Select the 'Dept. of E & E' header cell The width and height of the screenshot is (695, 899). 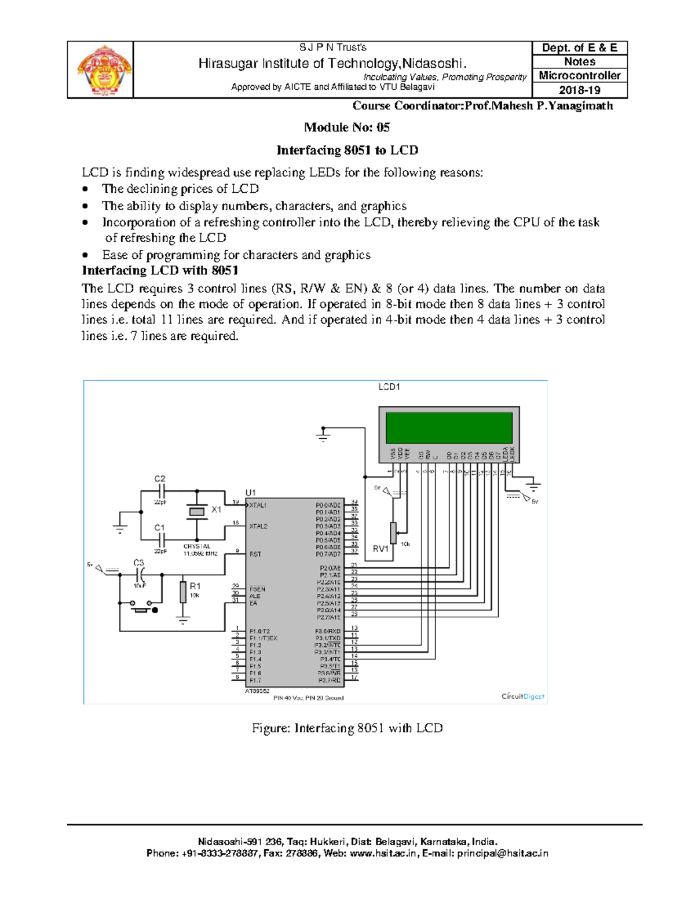pyautogui.click(x=579, y=48)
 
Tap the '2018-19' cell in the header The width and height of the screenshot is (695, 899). pyautogui.click(x=579, y=90)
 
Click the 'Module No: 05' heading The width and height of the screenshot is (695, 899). pyautogui.click(x=347, y=127)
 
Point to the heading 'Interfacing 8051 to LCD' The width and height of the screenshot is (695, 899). pyautogui.click(x=347, y=151)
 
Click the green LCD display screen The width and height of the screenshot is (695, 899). pyautogui.click(x=449, y=427)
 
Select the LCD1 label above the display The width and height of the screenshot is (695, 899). pyautogui.click(x=389, y=387)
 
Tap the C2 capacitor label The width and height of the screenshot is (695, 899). pyautogui.click(x=160, y=479)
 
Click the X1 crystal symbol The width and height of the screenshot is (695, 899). pyautogui.click(x=197, y=511)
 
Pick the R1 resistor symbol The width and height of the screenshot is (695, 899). pyautogui.click(x=183, y=592)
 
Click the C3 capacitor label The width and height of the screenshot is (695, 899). pyautogui.click(x=139, y=563)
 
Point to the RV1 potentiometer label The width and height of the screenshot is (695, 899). pyautogui.click(x=381, y=549)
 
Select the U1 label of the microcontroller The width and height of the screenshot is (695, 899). pyautogui.click(x=251, y=493)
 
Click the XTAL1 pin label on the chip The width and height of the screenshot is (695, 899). pyautogui.click(x=258, y=505)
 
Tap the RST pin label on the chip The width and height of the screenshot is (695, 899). pyautogui.click(x=255, y=554)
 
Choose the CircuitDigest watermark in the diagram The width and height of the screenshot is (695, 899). pyautogui.click(x=522, y=696)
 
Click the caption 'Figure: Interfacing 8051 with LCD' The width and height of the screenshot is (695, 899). pyautogui.click(x=347, y=728)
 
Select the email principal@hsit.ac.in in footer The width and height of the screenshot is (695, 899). pyautogui.click(x=502, y=853)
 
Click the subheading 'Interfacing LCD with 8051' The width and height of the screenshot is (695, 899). pyautogui.click(x=160, y=271)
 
